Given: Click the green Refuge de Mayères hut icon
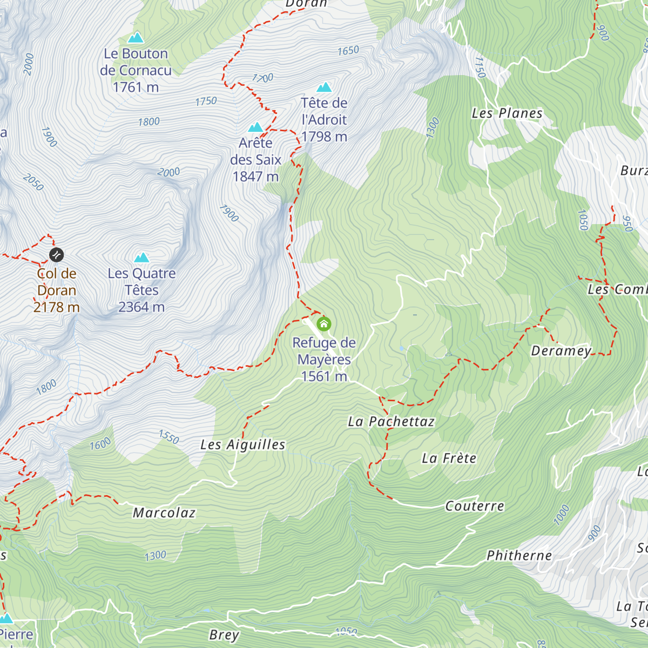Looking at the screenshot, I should (x=323, y=324).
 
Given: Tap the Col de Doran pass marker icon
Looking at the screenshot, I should (x=56, y=254).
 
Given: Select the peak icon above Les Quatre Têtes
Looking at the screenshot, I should (x=141, y=257).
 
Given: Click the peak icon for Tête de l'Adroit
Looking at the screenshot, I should (x=324, y=87).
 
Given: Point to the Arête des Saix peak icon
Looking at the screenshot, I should (x=255, y=127).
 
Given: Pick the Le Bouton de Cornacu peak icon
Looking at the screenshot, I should (x=136, y=38).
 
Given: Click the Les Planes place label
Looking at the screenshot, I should (x=507, y=113).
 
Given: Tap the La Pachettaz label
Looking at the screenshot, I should (x=391, y=422).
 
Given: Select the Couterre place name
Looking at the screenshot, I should (x=475, y=506).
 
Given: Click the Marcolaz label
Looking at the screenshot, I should (x=164, y=513).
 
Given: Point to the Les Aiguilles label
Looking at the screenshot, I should (x=243, y=445).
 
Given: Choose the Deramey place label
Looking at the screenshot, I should (x=562, y=351).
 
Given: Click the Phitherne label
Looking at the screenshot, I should (x=519, y=556).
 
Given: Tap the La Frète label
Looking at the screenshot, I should (x=449, y=458).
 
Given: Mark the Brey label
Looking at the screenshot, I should (x=224, y=635).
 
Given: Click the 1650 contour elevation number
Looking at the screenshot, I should (x=348, y=51).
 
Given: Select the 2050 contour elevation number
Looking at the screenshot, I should (x=33, y=183).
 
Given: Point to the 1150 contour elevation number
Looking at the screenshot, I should (x=480, y=67).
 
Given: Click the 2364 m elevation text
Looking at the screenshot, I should (x=141, y=307).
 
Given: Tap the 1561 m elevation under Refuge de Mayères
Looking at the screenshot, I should (x=324, y=376).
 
